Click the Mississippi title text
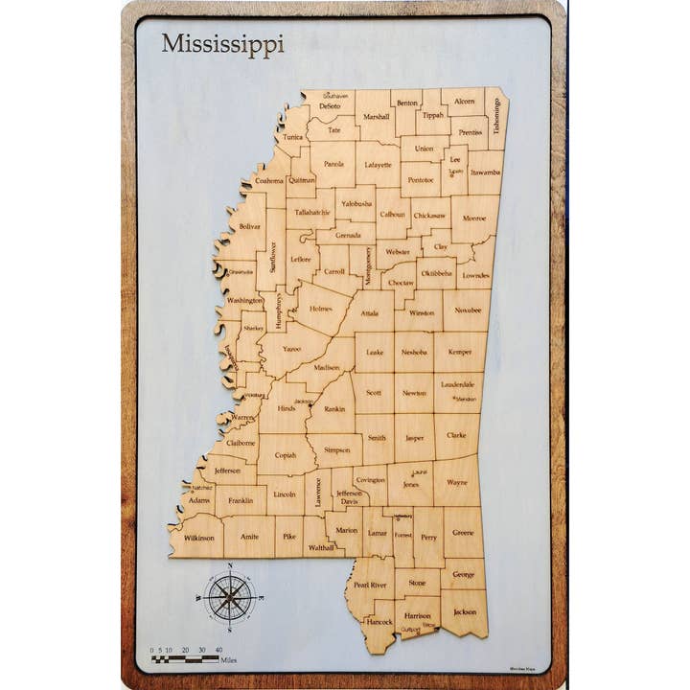[x=222, y=45]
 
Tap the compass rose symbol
[x=229, y=597]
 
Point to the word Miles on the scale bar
[x=228, y=660]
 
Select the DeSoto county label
[x=331, y=106]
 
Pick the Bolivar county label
[x=250, y=226]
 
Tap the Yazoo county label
[x=291, y=349]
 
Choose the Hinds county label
[x=286, y=408]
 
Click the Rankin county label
[x=334, y=409]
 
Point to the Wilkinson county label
[x=199, y=539]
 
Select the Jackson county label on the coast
[x=464, y=611]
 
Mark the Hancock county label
[x=379, y=621]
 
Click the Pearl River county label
[x=370, y=585]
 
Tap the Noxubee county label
[x=468, y=310]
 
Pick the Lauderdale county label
[x=458, y=384]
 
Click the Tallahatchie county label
[x=312, y=212]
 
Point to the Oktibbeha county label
[x=436, y=272]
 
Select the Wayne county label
[x=457, y=483]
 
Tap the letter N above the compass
[x=230, y=566]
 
